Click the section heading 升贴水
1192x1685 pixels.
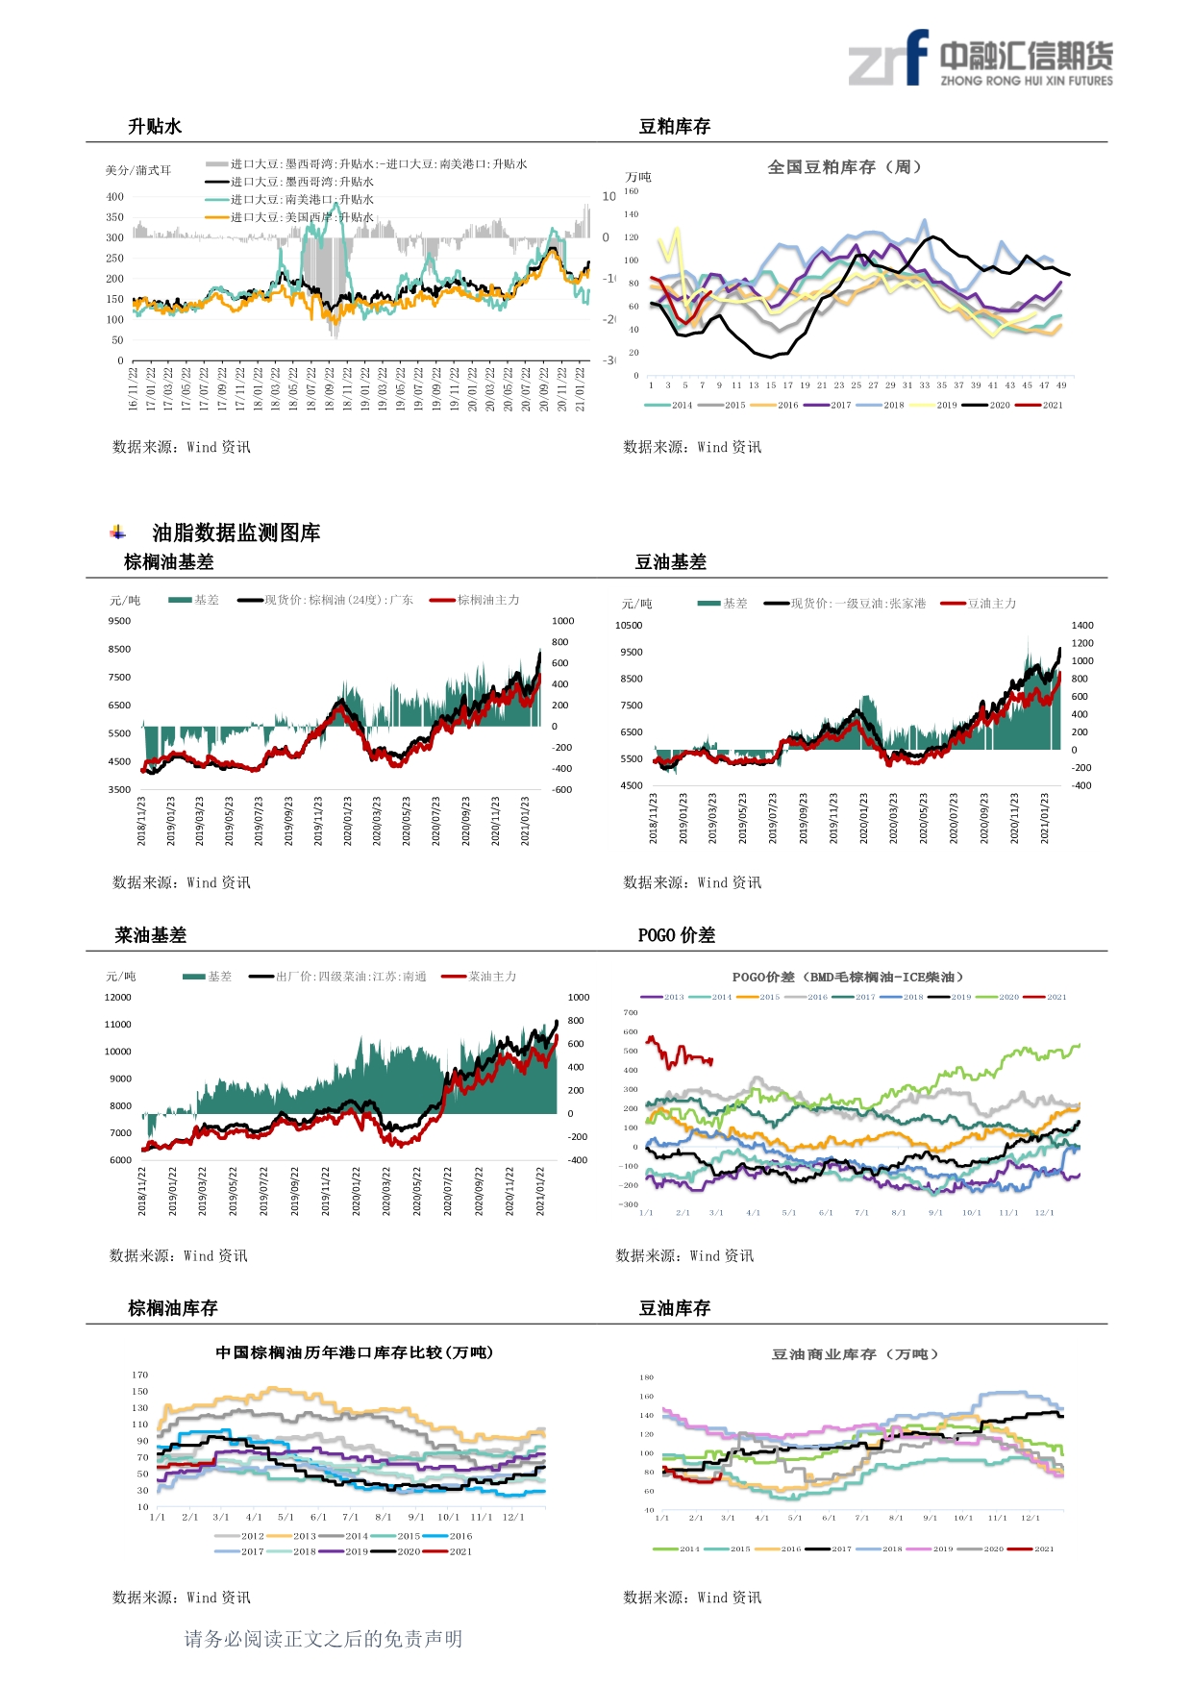tap(155, 127)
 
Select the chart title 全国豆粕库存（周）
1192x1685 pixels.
tap(845, 167)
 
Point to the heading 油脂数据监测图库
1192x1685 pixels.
tap(236, 533)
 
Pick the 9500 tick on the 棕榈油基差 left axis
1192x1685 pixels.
tap(119, 621)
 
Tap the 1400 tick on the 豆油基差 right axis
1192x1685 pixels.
tap(1082, 626)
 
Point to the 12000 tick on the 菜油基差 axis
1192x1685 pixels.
tap(118, 998)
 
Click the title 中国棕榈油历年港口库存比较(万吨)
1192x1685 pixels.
tap(355, 1352)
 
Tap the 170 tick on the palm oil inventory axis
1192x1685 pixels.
tap(140, 1375)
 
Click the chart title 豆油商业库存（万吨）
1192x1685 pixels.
tap(855, 1354)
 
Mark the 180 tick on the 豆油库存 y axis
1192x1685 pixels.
tap(647, 1377)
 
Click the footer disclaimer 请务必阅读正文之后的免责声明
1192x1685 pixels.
tap(323, 1639)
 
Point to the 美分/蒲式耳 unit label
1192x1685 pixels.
tap(138, 171)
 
